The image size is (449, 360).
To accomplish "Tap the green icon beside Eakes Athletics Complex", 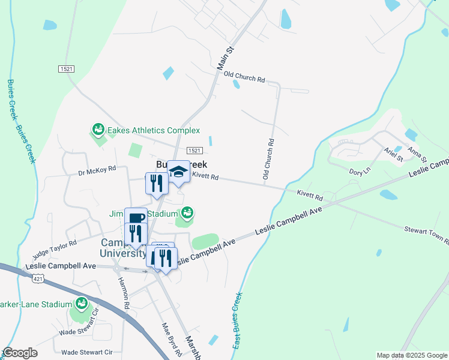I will (x=97, y=129).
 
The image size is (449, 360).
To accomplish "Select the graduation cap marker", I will (x=178, y=173).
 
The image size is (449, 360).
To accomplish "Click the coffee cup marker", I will (x=136, y=218).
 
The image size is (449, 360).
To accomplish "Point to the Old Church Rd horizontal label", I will (x=244, y=77).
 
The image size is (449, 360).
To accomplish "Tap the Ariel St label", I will (x=393, y=155).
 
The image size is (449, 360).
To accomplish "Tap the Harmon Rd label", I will (x=123, y=292).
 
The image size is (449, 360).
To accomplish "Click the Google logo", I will (x=20, y=353).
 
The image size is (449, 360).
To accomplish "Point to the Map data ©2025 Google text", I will (x=412, y=355).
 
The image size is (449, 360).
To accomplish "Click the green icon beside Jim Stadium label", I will (x=187, y=213).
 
